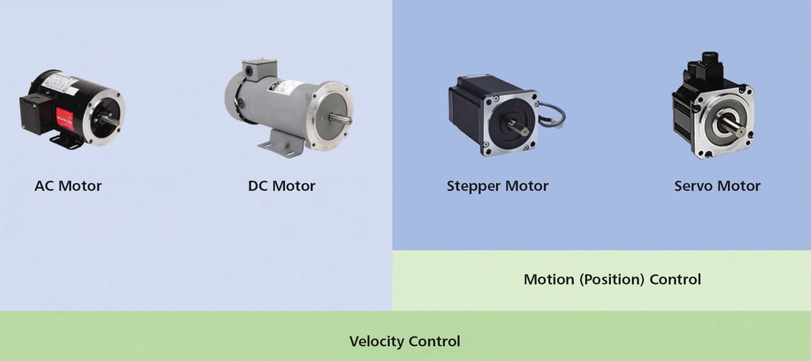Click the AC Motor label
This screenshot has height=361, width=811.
click(x=68, y=185)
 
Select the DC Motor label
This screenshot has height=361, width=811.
click(x=281, y=185)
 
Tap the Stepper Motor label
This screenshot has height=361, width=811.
click(x=497, y=185)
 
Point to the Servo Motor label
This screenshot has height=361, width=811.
click(x=717, y=185)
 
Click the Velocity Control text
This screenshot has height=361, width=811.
click(x=404, y=341)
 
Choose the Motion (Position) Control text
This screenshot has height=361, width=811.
click(x=612, y=279)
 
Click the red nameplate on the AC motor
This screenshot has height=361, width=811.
click(x=65, y=115)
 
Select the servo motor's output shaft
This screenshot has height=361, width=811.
click(x=733, y=126)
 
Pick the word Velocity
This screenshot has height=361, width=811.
click(x=376, y=341)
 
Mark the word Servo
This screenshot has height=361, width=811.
click(x=695, y=185)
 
